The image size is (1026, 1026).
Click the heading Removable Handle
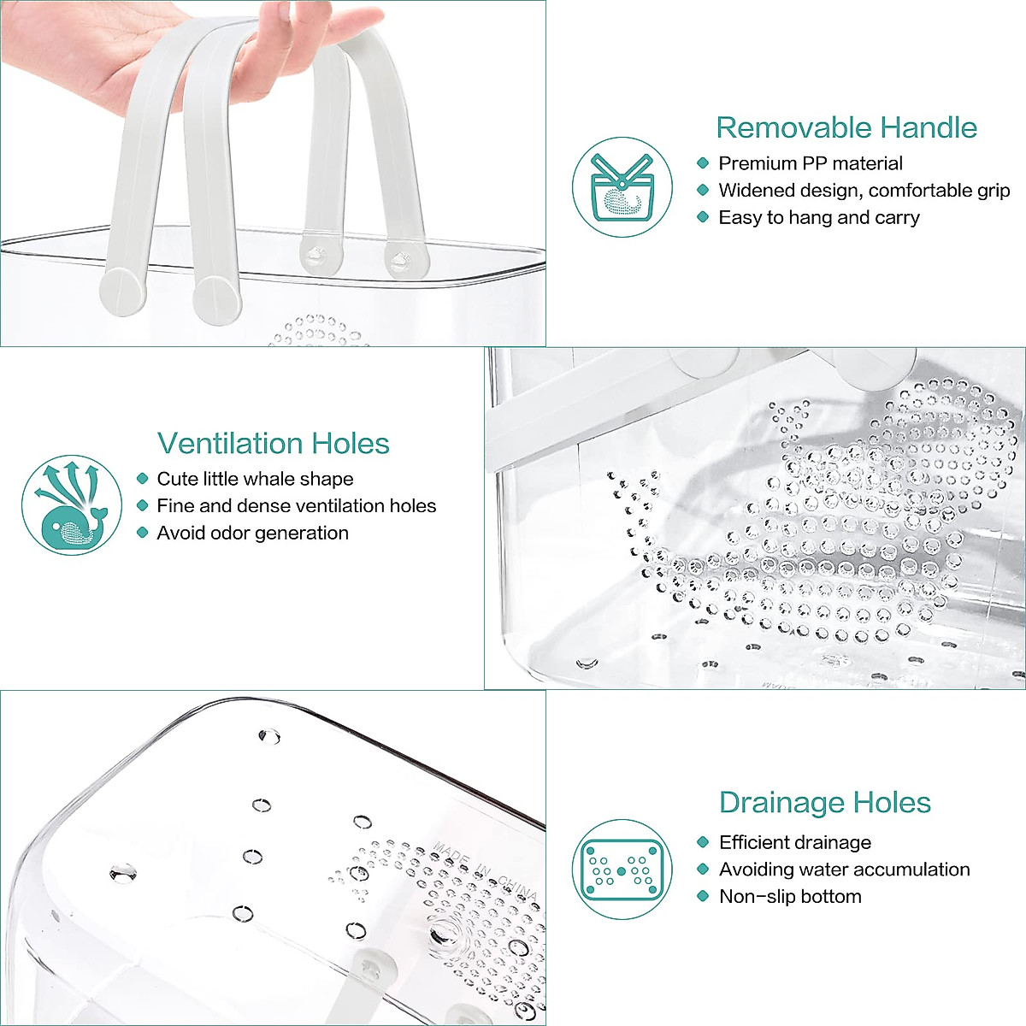pyautogui.click(x=846, y=127)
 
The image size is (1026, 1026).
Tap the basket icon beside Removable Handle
pyautogui.click(x=622, y=187)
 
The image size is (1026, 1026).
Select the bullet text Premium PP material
pyautogui.click(x=810, y=163)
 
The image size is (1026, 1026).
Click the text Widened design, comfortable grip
pyautogui.click(x=864, y=191)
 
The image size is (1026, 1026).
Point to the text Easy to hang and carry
pyautogui.click(x=818, y=218)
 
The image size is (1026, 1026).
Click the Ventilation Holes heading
pyautogui.click(x=274, y=443)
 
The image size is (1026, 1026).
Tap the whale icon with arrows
pyautogui.click(x=72, y=504)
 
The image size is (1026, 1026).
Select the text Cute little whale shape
pyautogui.click(x=255, y=479)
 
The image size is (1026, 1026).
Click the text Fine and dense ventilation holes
pyautogui.click(x=296, y=506)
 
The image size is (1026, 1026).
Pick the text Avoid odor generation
pyautogui.click(x=252, y=534)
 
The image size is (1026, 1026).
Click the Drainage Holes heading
pyautogui.click(x=824, y=802)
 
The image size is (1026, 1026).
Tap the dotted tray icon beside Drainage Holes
pyautogui.click(x=622, y=870)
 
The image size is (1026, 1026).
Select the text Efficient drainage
pyautogui.click(x=794, y=842)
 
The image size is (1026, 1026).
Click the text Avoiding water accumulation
pyautogui.click(x=844, y=870)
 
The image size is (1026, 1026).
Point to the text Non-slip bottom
pyautogui.click(x=790, y=897)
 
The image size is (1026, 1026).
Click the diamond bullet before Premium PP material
pyautogui.click(x=703, y=163)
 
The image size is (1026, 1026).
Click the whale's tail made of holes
pyautogui.click(x=637, y=513)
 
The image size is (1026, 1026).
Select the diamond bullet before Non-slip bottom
pyautogui.click(x=703, y=897)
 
